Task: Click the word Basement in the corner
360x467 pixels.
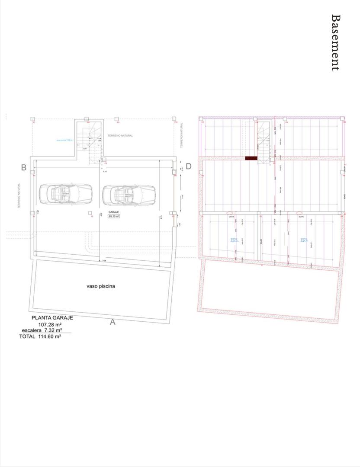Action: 335,42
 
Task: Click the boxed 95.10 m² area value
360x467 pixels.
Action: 114,216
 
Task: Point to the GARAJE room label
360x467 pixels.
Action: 114,212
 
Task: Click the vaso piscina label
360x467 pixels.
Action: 100,286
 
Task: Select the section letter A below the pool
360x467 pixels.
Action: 112,322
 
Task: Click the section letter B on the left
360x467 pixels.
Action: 24,167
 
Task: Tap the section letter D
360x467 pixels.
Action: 188,167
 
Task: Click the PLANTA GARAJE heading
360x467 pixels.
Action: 52,318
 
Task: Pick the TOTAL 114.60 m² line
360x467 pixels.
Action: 40,336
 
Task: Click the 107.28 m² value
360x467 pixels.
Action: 50,324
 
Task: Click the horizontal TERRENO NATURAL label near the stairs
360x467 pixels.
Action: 120,136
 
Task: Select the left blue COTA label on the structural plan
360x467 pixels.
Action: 234,240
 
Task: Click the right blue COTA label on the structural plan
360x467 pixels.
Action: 304,240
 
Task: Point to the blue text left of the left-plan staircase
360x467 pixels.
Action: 65,140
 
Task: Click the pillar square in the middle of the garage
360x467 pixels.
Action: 90,213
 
